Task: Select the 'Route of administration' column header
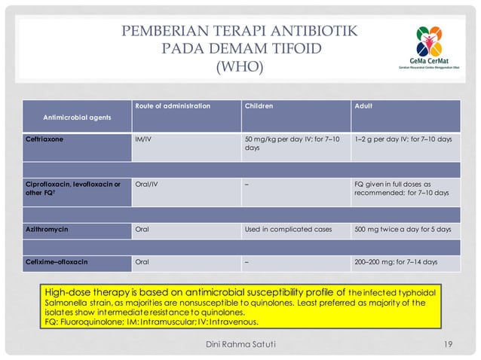click(x=172, y=106)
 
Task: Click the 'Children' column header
click(x=259, y=106)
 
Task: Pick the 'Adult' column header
click(x=363, y=106)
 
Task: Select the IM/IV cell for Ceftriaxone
click(x=142, y=139)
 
